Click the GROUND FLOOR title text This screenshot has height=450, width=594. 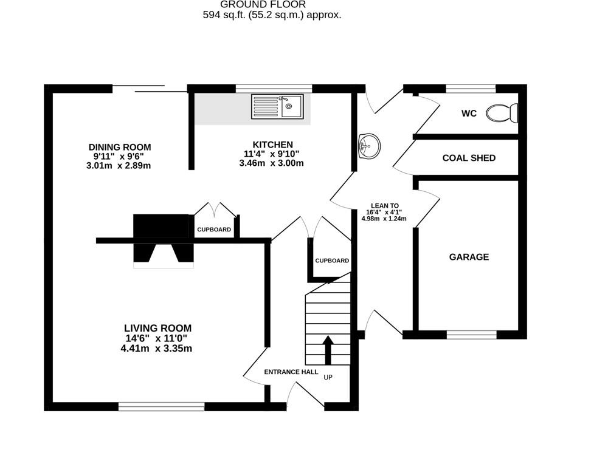point(272,4)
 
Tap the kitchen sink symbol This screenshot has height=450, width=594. point(277,106)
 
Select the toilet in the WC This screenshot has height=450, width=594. point(504,112)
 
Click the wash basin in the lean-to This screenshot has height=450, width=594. point(368,145)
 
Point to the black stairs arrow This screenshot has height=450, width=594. point(328,350)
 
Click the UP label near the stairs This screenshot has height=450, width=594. point(328,377)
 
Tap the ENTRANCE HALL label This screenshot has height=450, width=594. point(291,372)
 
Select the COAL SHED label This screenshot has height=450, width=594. point(469,158)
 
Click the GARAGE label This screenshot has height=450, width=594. point(469,257)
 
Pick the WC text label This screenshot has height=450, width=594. point(469,114)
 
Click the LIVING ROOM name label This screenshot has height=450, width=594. point(158,328)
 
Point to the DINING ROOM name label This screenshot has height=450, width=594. point(120,147)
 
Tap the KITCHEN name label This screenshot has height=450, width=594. point(273,145)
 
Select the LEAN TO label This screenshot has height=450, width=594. point(385,206)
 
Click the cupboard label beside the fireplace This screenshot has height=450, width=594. point(214,230)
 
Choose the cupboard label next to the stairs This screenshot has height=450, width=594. point(332,261)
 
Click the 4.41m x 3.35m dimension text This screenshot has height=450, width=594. point(158,349)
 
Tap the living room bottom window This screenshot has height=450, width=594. point(162,406)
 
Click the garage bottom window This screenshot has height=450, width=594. point(471,334)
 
